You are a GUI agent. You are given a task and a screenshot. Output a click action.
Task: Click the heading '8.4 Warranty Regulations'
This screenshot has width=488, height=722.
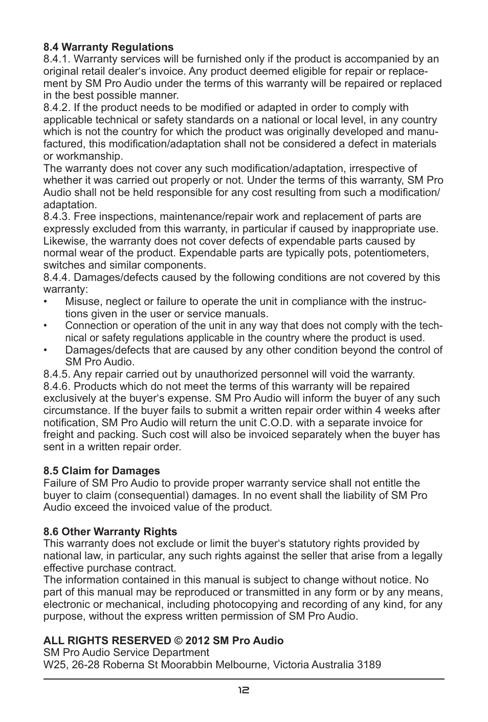point(108,48)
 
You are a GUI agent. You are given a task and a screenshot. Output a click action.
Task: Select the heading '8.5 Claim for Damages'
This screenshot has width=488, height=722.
point(101,471)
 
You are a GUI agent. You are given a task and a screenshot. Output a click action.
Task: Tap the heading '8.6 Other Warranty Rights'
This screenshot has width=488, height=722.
point(110,532)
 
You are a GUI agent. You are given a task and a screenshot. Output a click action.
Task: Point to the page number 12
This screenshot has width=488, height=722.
point(243,690)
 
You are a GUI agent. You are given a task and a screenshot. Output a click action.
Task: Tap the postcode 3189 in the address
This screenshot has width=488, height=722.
point(369,665)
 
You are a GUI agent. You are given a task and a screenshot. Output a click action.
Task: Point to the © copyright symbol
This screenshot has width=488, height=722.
point(175,641)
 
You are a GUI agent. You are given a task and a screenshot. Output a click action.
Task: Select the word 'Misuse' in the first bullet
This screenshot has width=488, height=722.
point(82,302)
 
